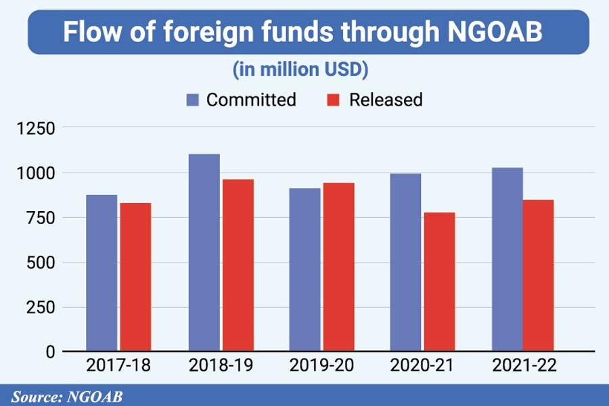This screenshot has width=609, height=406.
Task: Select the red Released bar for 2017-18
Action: coord(135,277)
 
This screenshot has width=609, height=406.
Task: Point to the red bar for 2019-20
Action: coord(338,267)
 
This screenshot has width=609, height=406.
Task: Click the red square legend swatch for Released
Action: coord(333,100)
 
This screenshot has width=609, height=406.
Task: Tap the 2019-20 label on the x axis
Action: coord(321,366)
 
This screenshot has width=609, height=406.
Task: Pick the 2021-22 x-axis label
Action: coord(524,366)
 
